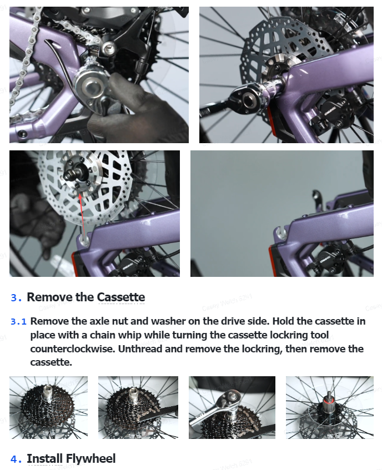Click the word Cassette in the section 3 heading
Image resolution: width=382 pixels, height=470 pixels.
[x=121, y=297]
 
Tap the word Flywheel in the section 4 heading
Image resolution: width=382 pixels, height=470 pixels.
[x=91, y=458]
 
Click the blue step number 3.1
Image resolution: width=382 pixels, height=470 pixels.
[x=18, y=322]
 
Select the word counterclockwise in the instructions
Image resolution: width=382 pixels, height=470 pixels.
[x=73, y=349]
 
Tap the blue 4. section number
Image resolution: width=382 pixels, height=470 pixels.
[x=16, y=459]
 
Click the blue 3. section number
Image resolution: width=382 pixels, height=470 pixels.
[x=16, y=297]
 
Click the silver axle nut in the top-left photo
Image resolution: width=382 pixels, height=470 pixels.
[x=89, y=87]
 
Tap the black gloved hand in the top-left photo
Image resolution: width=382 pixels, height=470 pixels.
[x=135, y=111]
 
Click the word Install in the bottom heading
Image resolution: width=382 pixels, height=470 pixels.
[x=45, y=458]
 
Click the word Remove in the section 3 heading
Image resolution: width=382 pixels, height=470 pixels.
[x=50, y=297]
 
